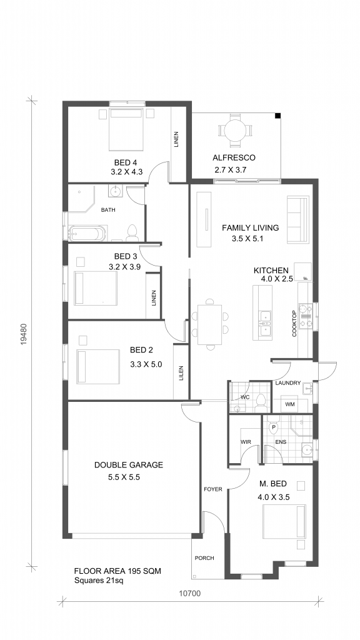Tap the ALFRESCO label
pyautogui.click(x=234, y=157)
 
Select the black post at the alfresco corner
pyautogui.click(x=277, y=116)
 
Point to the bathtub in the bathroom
pyautogui.click(x=87, y=234)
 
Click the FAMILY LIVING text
pyautogui.click(x=250, y=227)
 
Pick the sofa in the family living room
pyautogui.click(x=297, y=219)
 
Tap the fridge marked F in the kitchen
pyautogui.click(x=303, y=271)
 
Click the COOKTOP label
pyautogui.click(x=294, y=324)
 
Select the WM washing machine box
pyautogui.click(x=290, y=404)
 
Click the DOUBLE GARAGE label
pyautogui.click(x=129, y=464)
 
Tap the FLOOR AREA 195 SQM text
pyautogui.click(x=117, y=571)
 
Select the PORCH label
pyautogui.click(x=204, y=558)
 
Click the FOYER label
pyautogui.click(x=213, y=489)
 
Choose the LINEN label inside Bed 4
pyautogui.click(x=176, y=139)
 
